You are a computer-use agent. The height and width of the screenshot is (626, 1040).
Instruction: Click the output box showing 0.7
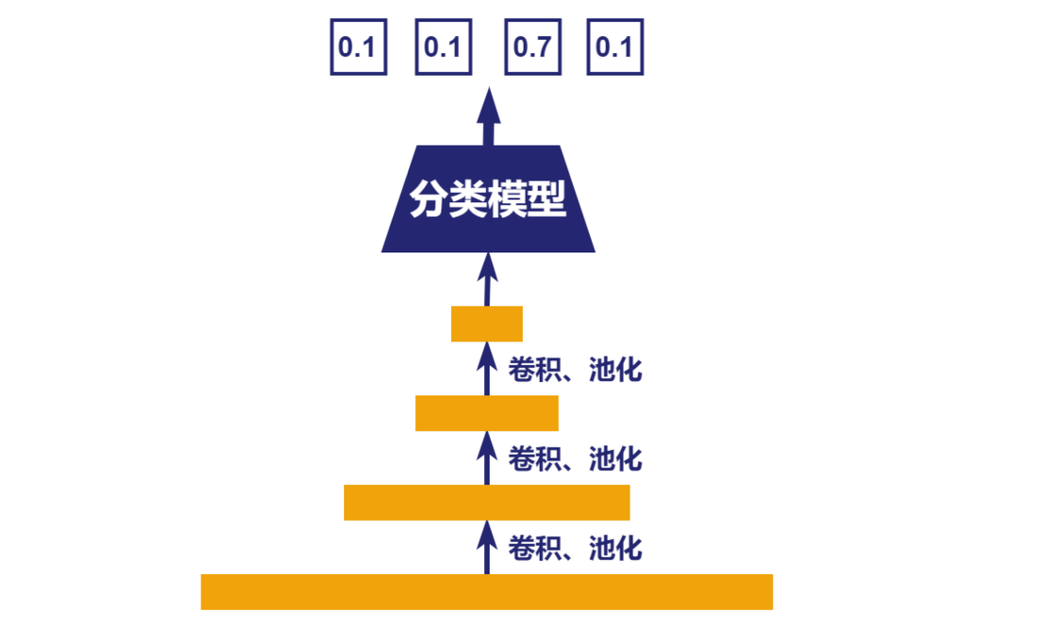(532, 47)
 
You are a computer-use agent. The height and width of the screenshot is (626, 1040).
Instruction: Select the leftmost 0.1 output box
(358, 47)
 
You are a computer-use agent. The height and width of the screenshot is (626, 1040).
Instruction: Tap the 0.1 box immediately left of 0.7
(443, 47)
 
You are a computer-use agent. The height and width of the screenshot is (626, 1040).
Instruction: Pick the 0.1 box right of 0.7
(615, 47)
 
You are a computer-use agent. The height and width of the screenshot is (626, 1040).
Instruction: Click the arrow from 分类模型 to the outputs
(489, 116)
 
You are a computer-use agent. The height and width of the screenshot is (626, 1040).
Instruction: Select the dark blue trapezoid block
(488, 199)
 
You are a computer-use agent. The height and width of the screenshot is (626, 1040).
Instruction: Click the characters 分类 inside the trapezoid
(448, 199)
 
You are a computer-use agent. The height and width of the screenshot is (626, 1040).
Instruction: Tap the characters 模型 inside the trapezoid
(527, 199)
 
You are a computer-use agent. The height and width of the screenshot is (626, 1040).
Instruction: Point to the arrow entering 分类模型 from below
(488, 279)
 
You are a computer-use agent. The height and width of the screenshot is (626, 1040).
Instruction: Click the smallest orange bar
(487, 323)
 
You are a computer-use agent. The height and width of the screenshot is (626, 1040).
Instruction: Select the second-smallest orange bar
(487, 413)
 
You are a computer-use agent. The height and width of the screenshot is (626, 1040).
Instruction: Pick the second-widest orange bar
(487, 503)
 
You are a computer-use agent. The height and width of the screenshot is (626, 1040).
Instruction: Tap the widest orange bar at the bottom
(487, 592)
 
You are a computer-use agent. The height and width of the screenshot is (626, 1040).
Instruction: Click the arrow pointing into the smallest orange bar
(488, 369)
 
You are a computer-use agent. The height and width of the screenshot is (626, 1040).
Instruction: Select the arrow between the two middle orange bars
(488, 459)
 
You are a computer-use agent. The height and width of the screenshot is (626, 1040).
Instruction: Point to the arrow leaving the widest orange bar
(488, 548)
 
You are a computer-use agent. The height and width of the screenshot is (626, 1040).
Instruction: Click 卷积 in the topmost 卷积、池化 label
(529, 370)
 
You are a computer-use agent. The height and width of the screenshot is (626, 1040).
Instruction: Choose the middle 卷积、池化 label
(575, 459)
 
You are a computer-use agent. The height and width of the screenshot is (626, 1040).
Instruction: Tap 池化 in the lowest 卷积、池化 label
(615, 548)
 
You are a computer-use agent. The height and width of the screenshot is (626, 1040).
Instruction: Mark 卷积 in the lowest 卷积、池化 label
(529, 548)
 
